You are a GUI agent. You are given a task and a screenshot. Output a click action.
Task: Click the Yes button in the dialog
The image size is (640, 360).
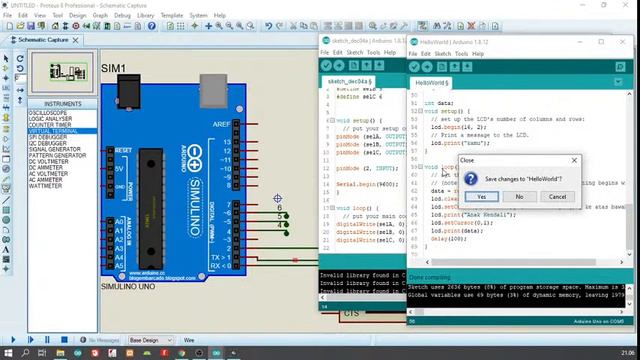[481, 196]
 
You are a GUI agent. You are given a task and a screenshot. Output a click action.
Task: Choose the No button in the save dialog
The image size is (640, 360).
[519, 196]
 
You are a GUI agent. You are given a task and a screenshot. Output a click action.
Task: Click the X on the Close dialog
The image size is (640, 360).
[574, 160]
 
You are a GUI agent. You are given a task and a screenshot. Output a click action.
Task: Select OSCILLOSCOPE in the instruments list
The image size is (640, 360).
[55, 113]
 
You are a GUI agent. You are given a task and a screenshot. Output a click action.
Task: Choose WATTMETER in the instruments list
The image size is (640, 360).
[46, 185]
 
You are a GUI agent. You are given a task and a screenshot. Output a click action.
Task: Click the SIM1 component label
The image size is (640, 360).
[113, 68]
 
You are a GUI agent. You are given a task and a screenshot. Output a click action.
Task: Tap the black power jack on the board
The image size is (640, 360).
[128, 93]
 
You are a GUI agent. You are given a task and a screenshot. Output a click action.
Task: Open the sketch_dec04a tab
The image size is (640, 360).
[349, 81]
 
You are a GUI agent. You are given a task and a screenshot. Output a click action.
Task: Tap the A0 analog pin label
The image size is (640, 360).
[120, 222]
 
